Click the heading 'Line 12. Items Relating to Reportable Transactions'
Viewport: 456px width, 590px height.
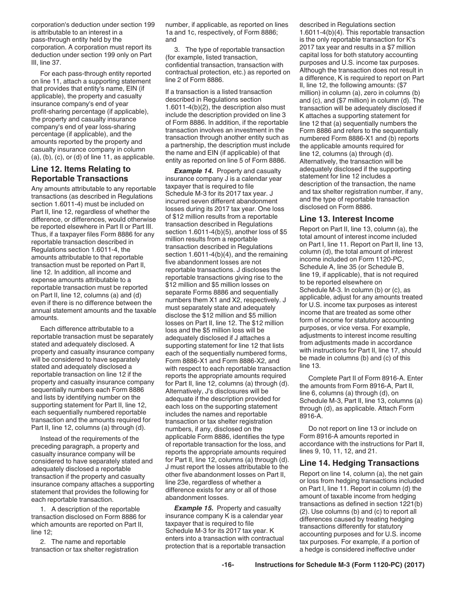[80, 174]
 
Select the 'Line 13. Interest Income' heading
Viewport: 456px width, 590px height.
[347, 219]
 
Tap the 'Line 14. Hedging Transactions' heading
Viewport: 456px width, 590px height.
[359, 463]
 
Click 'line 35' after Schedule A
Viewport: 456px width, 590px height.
[360, 267]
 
